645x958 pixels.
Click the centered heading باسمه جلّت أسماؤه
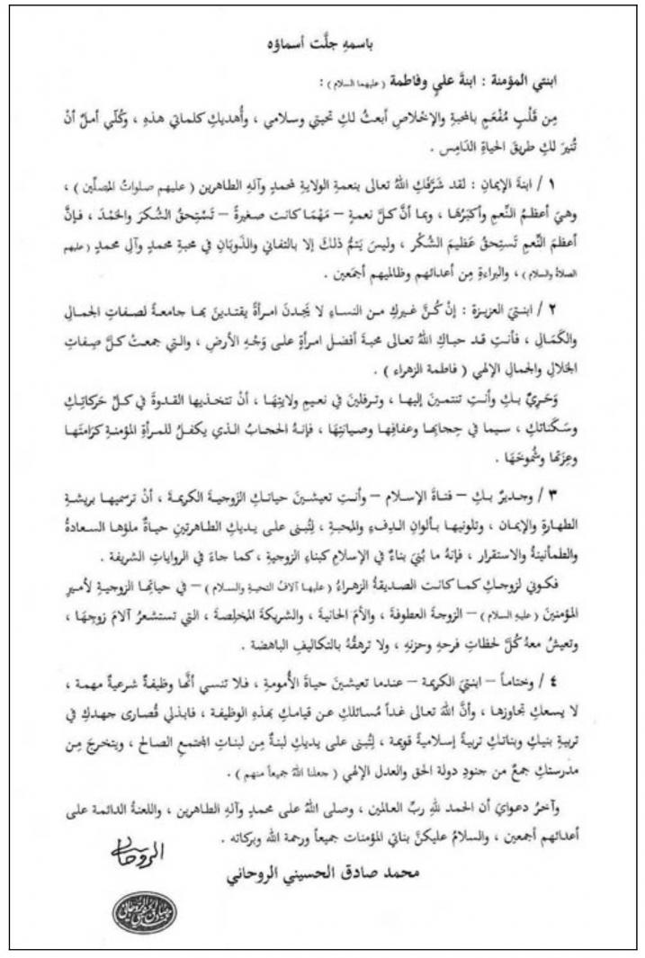pyautogui.click(x=323, y=42)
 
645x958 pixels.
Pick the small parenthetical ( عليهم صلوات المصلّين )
pyautogui.click(x=116, y=179)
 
